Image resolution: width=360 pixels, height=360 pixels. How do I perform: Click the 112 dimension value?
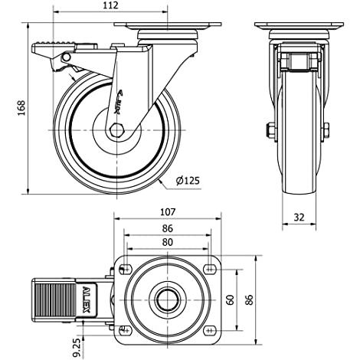tap(111, 5)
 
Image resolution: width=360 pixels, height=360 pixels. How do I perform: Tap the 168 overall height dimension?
tap(21, 108)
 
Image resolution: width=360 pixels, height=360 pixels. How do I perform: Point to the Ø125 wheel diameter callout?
tap(188, 181)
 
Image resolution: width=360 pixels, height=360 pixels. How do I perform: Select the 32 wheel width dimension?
tap(299, 218)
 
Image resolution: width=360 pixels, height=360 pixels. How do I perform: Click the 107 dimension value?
tap(168, 212)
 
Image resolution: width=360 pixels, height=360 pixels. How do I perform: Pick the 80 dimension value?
tap(168, 242)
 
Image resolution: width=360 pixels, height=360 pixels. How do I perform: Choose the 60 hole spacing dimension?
tap(231, 299)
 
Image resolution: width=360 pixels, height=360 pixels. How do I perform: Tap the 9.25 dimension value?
tap(77, 347)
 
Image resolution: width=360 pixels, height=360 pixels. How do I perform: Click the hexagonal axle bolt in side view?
tap(116, 130)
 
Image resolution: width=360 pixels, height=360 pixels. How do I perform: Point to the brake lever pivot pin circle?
tap(67, 57)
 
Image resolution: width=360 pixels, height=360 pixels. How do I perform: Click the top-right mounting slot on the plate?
tap(210, 269)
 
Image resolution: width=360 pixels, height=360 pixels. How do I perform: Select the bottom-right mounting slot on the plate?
tap(210, 331)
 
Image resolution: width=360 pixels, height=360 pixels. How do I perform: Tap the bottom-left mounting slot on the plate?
tap(126, 331)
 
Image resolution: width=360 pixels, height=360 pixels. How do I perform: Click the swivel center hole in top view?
tap(168, 300)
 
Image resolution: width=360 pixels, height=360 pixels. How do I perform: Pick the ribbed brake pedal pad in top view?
tap(54, 300)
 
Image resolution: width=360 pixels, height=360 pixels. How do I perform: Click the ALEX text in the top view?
tap(87, 300)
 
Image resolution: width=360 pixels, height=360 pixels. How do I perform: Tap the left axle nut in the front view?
tap(270, 130)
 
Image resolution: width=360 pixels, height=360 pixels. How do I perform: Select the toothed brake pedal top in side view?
tap(54, 43)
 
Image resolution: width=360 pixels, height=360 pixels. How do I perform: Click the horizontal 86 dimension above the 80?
tap(168, 228)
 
